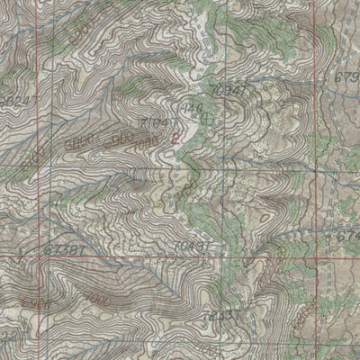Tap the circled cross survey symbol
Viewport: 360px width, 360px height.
(209, 117)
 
